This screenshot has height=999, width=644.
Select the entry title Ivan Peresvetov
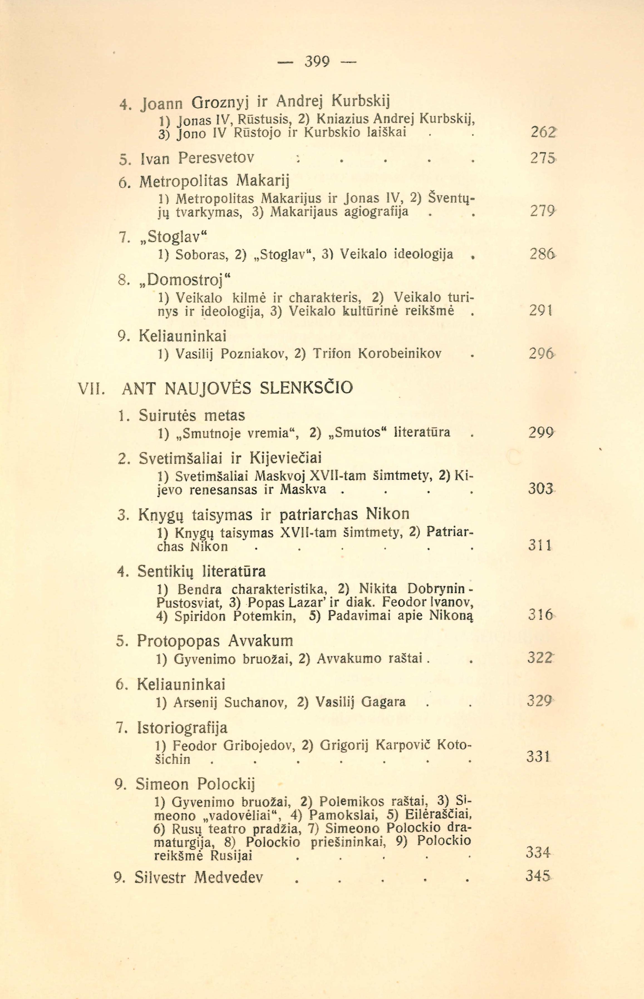[216, 158]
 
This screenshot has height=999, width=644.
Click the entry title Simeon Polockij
[195, 784]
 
